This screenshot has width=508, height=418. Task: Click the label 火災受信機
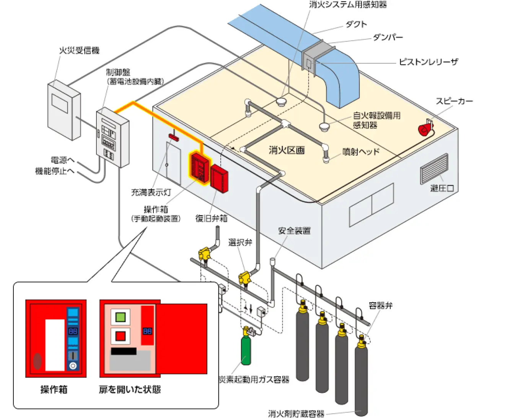(79, 50)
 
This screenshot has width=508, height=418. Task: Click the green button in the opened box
(120, 317)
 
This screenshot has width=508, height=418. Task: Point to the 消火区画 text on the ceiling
(287, 150)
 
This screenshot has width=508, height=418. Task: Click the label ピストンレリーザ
(428, 62)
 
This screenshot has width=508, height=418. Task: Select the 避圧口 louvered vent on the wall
(434, 168)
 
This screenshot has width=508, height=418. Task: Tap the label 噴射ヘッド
(361, 152)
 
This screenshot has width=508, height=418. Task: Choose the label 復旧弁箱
(211, 218)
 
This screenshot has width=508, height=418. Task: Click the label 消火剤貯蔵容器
(296, 413)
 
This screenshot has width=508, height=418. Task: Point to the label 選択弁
(240, 242)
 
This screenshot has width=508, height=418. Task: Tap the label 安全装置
(294, 231)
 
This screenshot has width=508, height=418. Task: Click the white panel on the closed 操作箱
(55, 345)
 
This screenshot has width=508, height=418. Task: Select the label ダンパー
(388, 37)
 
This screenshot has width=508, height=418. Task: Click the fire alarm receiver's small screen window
(60, 103)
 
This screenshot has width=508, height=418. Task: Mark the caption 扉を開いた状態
(130, 389)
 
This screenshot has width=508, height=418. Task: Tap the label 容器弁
(380, 305)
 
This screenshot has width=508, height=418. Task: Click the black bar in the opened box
(124, 351)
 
